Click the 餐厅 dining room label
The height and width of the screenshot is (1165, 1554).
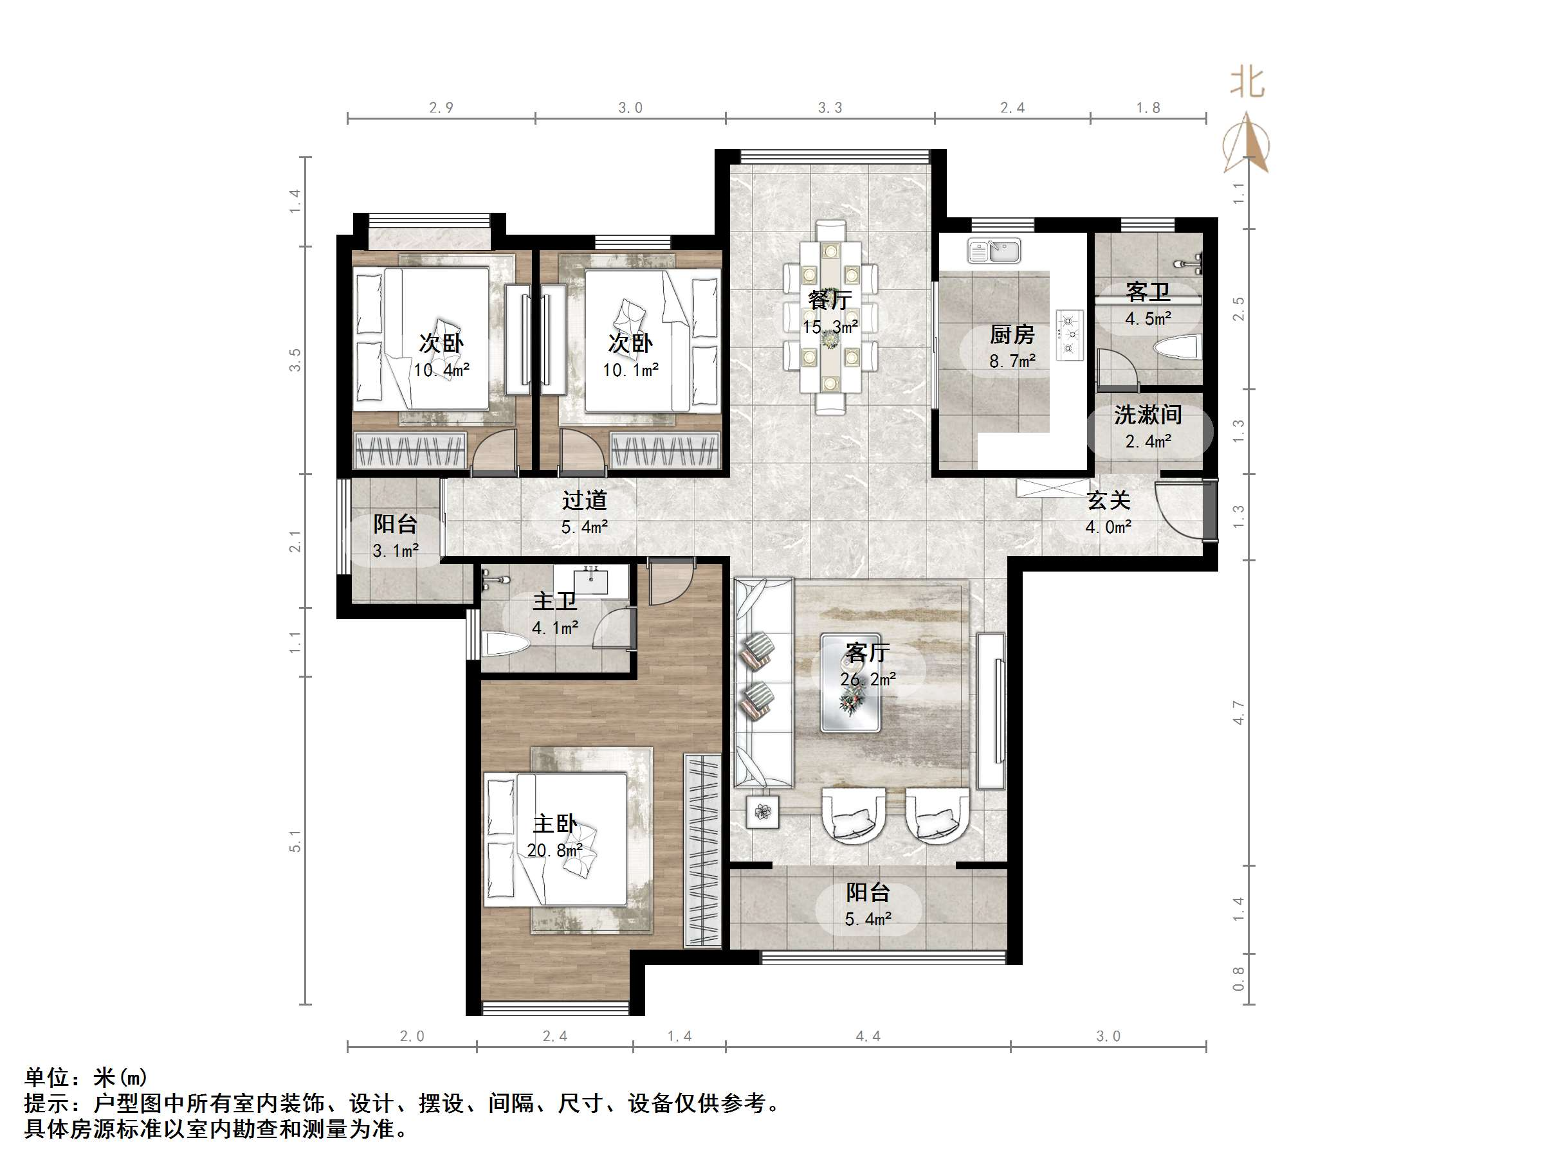tap(830, 300)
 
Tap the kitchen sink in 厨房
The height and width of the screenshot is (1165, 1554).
tap(993, 251)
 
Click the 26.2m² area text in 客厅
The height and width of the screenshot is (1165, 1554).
tap(868, 679)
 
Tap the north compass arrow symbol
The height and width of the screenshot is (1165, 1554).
tap(1247, 144)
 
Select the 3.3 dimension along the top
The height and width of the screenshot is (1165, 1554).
tap(830, 108)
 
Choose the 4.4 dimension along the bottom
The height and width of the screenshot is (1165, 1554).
tap(868, 1036)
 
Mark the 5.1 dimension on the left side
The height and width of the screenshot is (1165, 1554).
tap(295, 840)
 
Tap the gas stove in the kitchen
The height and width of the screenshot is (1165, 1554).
tap(1070, 336)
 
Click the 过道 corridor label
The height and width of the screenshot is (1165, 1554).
tap(584, 501)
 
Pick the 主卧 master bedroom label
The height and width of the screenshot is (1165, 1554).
tap(555, 824)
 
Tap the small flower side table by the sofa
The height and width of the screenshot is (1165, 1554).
tap(763, 812)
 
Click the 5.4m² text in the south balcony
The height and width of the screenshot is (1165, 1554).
tap(868, 919)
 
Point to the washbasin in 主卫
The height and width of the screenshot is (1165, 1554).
tap(592, 580)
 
